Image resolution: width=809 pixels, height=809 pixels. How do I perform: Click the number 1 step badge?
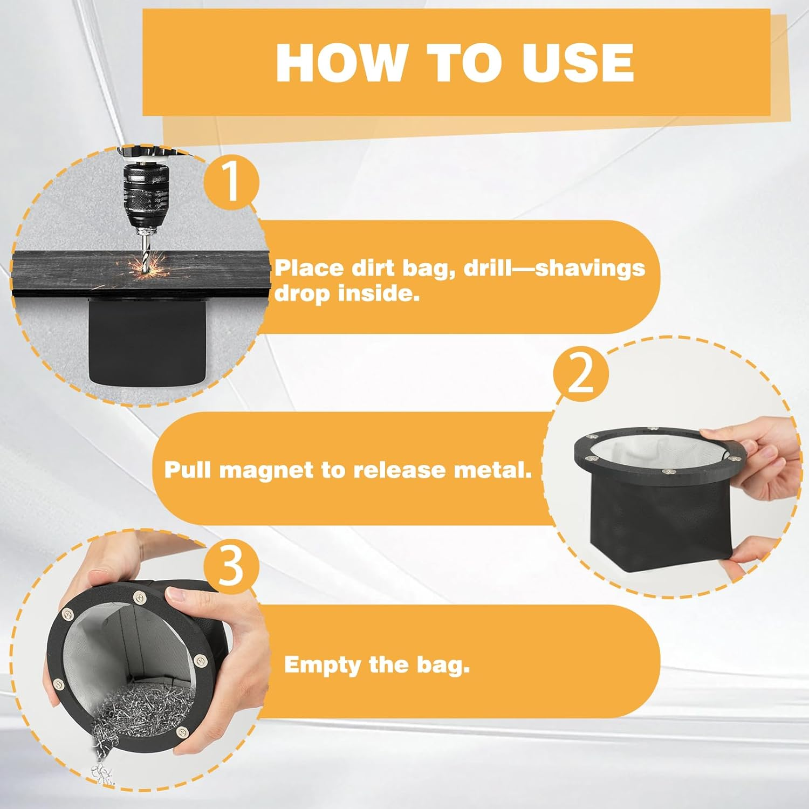231,181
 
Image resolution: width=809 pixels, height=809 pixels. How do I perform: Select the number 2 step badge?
581,374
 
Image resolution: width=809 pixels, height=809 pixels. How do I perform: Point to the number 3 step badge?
231,566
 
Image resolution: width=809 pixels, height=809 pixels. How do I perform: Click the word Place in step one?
309,268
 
